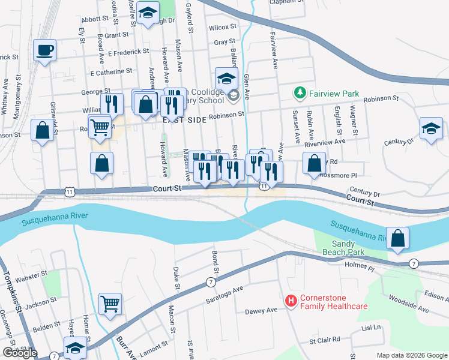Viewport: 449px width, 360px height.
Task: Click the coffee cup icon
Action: [44, 50]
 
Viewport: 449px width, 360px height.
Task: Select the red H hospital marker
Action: [291, 301]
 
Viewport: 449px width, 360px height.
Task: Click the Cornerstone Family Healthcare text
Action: [334, 301]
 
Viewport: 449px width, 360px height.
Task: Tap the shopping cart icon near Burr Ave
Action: [110, 304]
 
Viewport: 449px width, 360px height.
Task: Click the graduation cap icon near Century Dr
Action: [431, 129]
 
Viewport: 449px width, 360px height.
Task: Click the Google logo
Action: [20, 353]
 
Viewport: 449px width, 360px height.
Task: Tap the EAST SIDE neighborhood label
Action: [185, 120]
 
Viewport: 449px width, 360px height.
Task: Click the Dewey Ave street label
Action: [261, 311]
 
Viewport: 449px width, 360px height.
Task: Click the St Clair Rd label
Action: [325, 340]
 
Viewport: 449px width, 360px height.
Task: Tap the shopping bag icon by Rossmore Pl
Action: [314, 163]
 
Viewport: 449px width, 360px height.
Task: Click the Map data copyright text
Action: [411, 355]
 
